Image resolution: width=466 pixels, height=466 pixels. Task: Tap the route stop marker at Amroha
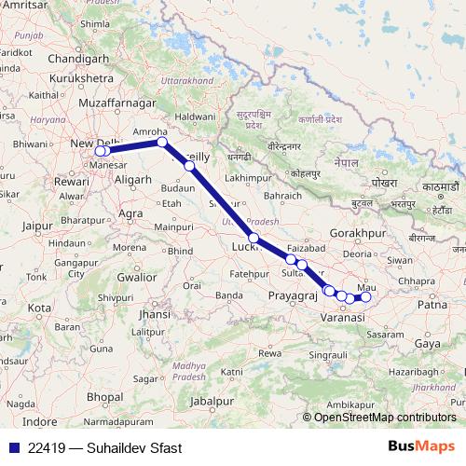pos(162,143)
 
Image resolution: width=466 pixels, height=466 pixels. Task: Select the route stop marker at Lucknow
pos(254,238)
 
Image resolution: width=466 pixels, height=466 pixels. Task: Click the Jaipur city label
pos(36,225)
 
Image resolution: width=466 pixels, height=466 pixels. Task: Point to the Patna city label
pos(432,304)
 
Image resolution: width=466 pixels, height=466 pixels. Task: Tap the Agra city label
pos(130,213)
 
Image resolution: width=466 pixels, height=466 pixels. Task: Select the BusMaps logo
pos(420,446)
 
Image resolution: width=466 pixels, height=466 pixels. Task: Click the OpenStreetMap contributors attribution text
pos(384,418)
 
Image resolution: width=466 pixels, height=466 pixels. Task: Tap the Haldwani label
pos(195,116)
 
